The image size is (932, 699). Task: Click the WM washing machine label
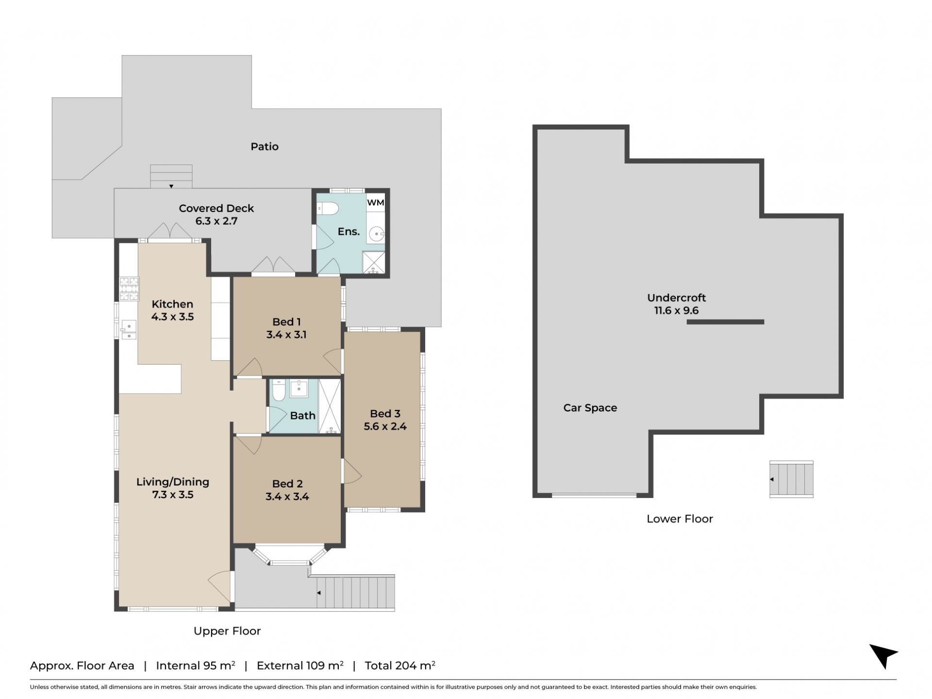point(375,202)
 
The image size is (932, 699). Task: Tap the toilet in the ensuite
point(328,209)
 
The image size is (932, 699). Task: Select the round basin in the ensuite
point(376,235)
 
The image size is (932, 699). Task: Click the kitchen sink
point(129,330)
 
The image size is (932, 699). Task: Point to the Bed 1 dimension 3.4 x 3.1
point(286,334)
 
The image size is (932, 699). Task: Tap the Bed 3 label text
point(385,414)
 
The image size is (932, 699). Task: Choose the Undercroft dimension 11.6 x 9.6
point(676,311)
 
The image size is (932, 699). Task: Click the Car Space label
point(590,408)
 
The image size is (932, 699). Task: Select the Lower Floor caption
point(680,519)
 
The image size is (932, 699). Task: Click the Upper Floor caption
point(227,631)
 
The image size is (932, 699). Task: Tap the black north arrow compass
point(883,655)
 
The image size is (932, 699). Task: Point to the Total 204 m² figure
point(400,666)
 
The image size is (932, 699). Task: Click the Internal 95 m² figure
point(196,666)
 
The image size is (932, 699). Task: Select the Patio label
point(265,147)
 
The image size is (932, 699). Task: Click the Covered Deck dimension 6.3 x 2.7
point(216,221)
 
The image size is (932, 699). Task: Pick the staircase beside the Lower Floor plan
point(791,479)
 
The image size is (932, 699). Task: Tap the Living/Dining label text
point(173,482)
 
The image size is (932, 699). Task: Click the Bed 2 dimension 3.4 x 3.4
point(287,497)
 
